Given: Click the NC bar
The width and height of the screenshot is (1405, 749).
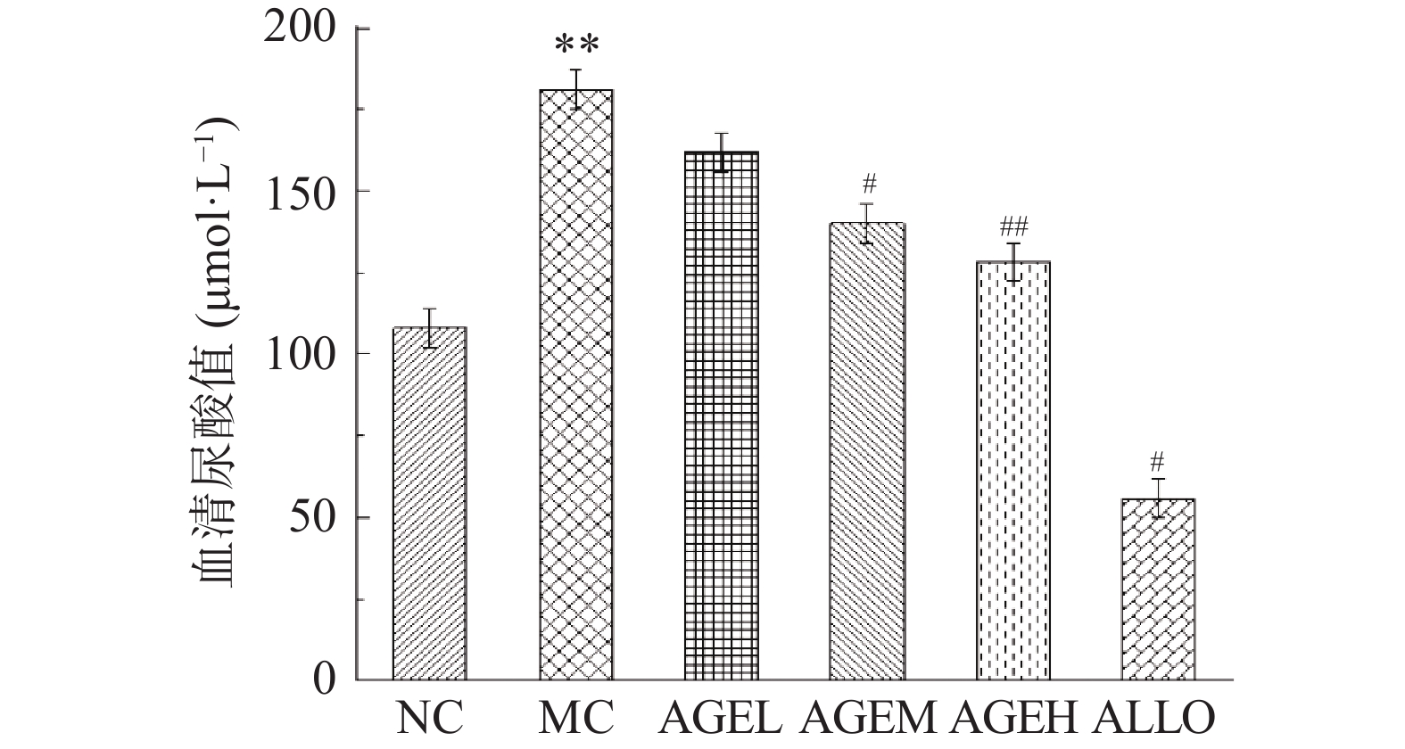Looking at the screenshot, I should (x=430, y=504).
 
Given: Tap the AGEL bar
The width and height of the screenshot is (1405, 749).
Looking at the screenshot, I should (x=722, y=416).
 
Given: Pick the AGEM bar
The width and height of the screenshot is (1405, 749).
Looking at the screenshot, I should (x=867, y=451).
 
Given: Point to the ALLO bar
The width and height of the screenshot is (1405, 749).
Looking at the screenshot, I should (x=1158, y=589).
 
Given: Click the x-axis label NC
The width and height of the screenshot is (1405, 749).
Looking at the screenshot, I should (x=431, y=718).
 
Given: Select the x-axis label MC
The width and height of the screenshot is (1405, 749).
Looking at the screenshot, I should (x=576, y=718).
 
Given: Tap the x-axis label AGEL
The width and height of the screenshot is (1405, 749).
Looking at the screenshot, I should (x=723, y=718).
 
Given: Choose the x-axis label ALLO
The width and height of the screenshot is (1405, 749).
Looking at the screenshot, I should (x=1157, y=718).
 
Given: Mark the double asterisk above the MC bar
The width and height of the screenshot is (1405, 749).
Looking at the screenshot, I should (x=576, y=45).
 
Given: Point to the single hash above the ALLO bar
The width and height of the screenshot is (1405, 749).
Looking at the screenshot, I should (x=1158, y=461).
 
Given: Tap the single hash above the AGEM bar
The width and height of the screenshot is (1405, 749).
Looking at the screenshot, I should (x=869, y=185).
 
